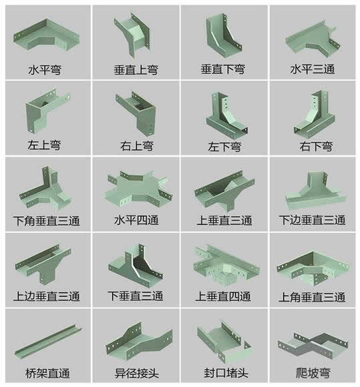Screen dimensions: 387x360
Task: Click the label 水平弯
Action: pos(45,69)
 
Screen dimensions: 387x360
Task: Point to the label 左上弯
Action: pos(45,145)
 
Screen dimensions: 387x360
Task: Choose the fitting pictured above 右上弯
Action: pos(136,113)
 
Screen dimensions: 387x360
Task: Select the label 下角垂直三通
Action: pos(45,221)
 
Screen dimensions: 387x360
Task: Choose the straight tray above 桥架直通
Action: pos(45,341)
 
